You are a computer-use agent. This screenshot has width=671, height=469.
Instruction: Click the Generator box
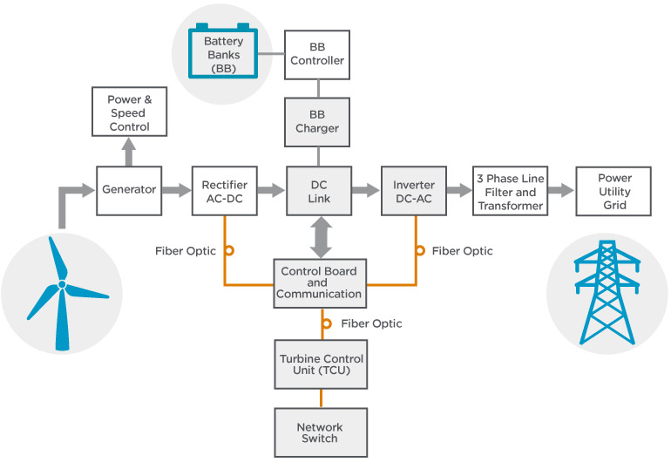tap(129, 190)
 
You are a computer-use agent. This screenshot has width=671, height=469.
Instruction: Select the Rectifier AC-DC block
tap(225, 191)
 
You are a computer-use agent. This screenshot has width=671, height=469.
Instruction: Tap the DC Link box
tap(319, 191)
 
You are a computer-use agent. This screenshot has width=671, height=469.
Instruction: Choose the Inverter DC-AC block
tap(414, 191)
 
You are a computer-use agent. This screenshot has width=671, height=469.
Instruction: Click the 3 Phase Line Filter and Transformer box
tap(510, 191)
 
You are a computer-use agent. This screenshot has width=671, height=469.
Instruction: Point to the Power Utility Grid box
tap(613, 191)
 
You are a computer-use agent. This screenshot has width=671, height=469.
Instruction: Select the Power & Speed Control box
tap(128, 113)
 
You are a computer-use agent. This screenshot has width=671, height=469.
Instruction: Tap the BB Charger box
tap(317, 121)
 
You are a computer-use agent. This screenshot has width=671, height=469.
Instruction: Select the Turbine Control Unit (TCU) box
tap(321, 364)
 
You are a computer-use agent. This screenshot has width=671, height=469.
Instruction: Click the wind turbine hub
tap(62, 284)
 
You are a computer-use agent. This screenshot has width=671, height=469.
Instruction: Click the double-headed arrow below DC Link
tap(319, 236)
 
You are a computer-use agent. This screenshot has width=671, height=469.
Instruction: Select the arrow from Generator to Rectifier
tap(177, 190)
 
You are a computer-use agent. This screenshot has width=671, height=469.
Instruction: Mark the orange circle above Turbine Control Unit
tap(327, 323)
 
